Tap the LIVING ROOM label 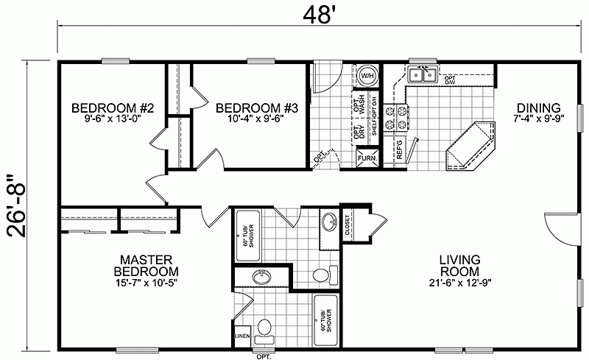coord(460,267)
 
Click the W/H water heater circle coord(367,75)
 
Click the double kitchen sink coord(423,73)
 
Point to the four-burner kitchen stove coord(402,119)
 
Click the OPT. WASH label coord(361,102)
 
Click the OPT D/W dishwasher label coord(449,79)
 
